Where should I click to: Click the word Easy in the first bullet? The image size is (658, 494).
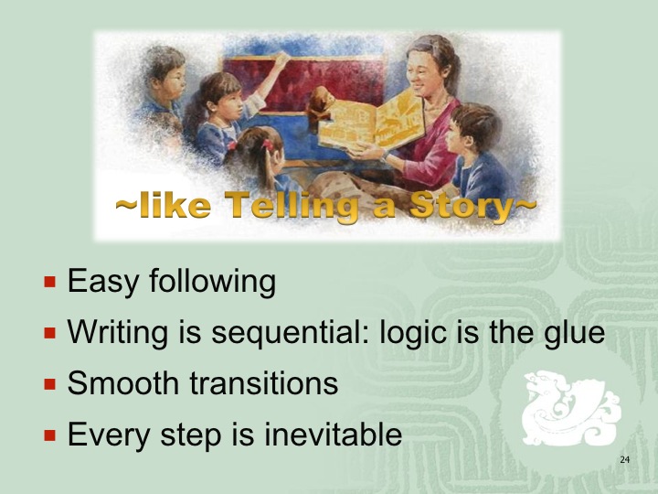(x=102, y=282)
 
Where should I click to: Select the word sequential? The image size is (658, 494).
(x=290, y=333)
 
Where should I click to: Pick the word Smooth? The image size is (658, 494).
(x=123, y=383)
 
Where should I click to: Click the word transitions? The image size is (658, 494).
(x=263, y=383)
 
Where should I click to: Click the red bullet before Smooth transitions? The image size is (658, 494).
(x=49, y=384)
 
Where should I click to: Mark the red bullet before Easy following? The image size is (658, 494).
(x=49, y=282)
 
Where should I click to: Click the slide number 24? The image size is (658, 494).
(x=625, y=459)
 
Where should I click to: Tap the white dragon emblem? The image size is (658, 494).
(x=570, y=407)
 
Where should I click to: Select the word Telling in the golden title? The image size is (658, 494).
(x=292, y=206)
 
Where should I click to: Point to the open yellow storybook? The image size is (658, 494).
(x=371, y=122)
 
